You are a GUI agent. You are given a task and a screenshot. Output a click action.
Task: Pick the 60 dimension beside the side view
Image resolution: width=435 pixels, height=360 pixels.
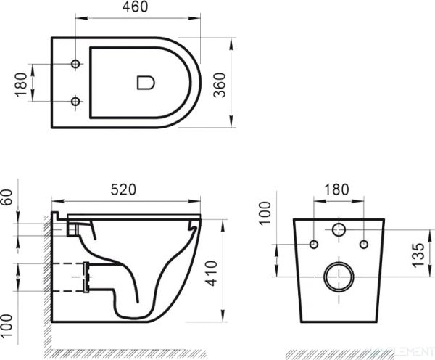8,197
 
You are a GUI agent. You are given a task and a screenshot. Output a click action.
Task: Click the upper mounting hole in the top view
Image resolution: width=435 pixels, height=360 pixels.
76,65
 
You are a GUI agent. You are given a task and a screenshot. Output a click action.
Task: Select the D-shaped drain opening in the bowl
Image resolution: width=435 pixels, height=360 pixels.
145,82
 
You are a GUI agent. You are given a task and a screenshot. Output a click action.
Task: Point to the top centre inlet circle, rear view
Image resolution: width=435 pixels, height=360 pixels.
339,231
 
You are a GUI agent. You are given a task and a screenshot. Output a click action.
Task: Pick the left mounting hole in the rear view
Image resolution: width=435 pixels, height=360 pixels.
313,244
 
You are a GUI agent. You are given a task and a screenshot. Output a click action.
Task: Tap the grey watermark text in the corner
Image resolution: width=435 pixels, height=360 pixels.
402,352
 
